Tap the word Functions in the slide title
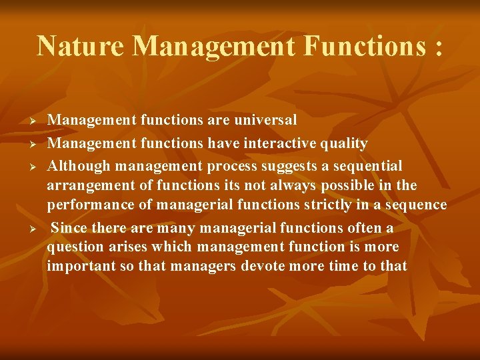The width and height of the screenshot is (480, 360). (363, 45)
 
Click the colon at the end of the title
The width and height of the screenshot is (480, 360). (437, 47)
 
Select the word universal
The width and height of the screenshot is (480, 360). (263, 120)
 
